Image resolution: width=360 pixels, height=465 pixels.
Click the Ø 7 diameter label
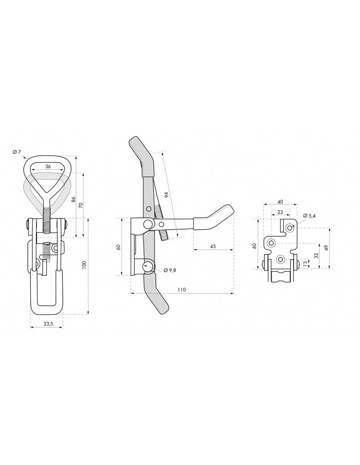tap(16, 152)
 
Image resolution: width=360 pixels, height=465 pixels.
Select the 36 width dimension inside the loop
tap(48, 166)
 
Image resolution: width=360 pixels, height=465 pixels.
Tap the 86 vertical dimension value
tap(74, 199)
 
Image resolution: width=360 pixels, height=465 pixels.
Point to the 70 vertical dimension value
tap(81, 205)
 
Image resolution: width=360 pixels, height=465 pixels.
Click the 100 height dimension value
tap(84, 265)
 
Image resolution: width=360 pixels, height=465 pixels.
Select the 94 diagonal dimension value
tap(166, 195)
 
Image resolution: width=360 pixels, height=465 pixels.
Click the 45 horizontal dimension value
tap(213, 247)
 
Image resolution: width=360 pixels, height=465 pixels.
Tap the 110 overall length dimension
tap(182, 290)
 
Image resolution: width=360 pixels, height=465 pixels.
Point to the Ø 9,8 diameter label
tap(170, 270)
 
